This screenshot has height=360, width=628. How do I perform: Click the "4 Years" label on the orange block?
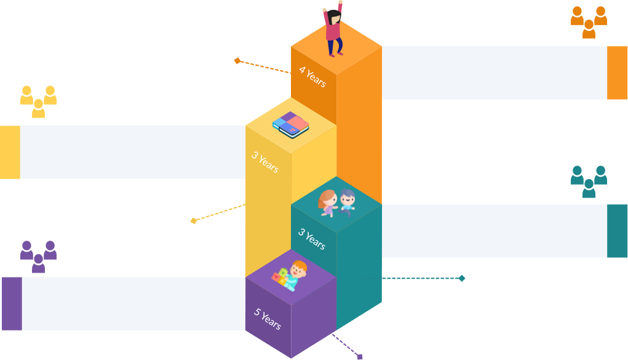coord(312,77)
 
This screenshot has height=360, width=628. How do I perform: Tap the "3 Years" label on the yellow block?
coord(265,162)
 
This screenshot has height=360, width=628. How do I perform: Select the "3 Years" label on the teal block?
coord(312,239)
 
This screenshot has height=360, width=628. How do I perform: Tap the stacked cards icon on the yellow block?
coord(291,124)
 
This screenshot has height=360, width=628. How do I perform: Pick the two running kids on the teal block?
coord(336,202)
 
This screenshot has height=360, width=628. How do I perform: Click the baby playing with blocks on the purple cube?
coord(290,276)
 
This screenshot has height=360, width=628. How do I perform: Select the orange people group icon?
coord(589,22)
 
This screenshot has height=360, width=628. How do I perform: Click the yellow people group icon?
coord(38,101)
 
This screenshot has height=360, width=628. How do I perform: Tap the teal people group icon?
coord(589,181)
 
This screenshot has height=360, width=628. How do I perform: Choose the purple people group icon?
coord(38,256)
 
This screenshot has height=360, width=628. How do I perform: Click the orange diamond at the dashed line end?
coord(237,60)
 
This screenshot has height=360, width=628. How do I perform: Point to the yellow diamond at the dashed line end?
coord(193,220)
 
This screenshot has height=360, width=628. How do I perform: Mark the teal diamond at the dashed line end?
coord(462,278)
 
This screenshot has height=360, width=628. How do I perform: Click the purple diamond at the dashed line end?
coord(360,356)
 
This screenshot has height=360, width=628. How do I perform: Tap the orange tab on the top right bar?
coord(617,73)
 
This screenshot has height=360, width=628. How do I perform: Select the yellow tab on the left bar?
coord(10,152)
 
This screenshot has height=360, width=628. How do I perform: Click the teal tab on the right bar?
coord(617,231)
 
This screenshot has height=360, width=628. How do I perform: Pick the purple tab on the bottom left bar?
coord(12,303)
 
